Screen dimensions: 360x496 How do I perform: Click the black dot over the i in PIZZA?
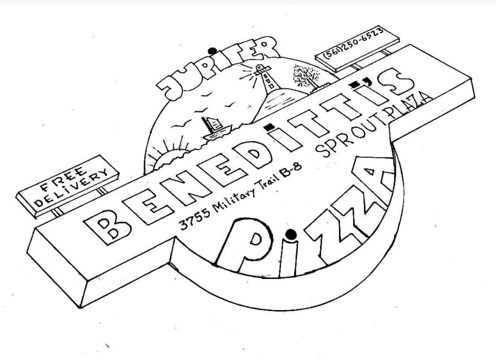[290, 232]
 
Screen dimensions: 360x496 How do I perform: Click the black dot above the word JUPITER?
[213, 50]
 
